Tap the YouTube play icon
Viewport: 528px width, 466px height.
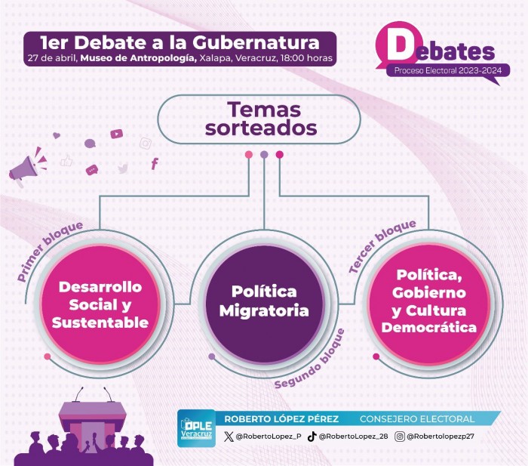click(116, 134)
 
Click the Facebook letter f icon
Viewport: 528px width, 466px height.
click(155, 164)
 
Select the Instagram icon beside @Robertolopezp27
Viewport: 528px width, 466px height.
click(399, 437)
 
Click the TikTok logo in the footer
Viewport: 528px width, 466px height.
click(312, 437)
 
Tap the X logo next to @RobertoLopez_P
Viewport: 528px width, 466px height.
click(229, 437)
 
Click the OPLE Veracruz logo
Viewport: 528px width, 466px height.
click(196, 428)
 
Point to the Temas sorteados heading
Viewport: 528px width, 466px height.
click(261, 119)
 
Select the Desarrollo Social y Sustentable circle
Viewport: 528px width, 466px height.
click(100, 304)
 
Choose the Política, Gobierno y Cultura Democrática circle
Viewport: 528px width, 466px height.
click(428, 304)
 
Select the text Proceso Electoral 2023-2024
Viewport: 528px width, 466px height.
click(448, 70)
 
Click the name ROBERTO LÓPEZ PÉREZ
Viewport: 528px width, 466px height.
click(281, 418)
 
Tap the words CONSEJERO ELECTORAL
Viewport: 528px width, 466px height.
click(417, 418)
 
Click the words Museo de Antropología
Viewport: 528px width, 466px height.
click(138, 58)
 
